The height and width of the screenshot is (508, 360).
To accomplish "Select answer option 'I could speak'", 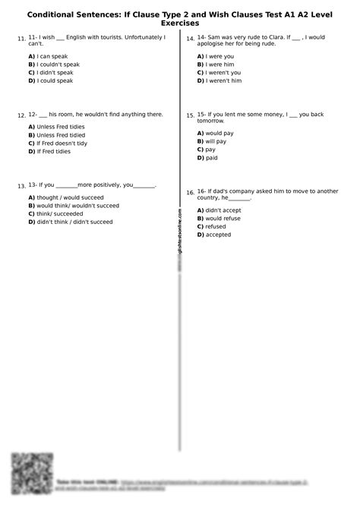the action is tap(54, 80).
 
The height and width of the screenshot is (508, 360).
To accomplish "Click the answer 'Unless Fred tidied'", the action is tap(60, 134).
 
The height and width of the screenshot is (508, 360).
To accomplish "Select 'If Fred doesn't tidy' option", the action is tap(62, 143).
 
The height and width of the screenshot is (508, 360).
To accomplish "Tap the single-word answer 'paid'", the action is tap(211, 158).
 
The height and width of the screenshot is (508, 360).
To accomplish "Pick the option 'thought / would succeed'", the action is tap(66, 197).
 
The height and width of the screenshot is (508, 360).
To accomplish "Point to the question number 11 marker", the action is tap(21, 39).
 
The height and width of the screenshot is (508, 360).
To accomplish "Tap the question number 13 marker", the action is tap(21, 186).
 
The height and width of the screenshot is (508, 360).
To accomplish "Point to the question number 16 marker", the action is tap(190, 193).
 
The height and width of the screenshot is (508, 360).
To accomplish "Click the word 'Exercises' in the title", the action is tap(180, 24).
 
